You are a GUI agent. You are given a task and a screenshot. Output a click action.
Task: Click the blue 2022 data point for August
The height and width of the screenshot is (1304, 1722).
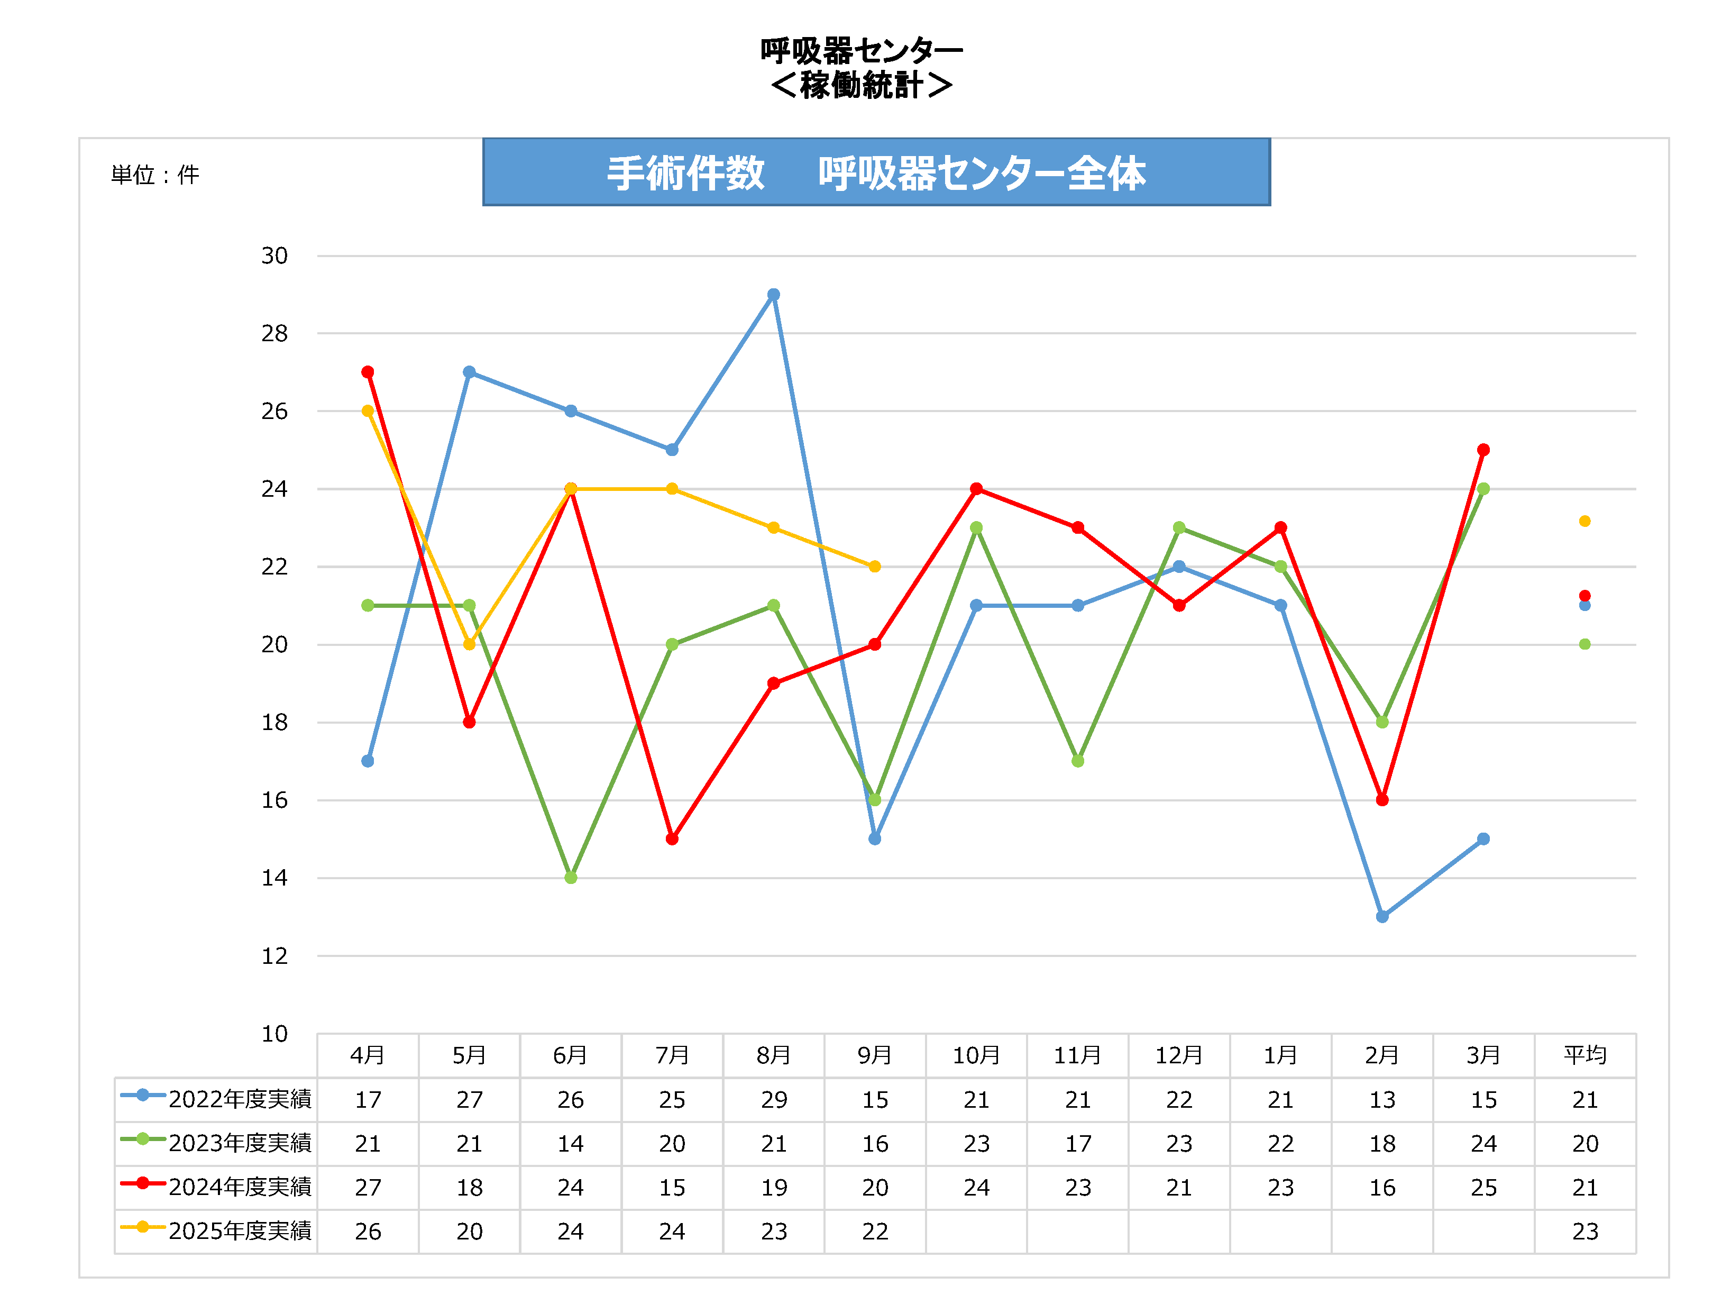coord(773,294)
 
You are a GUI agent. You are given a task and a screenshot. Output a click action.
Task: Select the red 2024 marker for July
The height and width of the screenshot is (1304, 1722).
coord(672,838)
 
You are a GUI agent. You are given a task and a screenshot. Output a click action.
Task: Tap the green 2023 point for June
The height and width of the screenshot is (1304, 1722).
coord(571,878)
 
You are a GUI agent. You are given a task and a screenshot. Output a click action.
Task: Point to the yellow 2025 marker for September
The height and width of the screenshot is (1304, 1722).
coord(875,566)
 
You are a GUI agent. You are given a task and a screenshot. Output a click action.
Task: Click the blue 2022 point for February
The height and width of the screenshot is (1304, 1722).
coord(1382,916)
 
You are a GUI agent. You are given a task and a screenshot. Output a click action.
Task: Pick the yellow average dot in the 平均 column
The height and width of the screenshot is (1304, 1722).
coord(1584,521)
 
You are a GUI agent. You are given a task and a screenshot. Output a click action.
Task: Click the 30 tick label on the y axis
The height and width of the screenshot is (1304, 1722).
coord(274,256)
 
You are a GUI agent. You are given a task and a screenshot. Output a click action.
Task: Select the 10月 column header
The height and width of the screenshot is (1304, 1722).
coord(976,1055)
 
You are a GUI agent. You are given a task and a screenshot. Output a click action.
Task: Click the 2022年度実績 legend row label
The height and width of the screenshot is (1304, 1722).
coord(240,1099)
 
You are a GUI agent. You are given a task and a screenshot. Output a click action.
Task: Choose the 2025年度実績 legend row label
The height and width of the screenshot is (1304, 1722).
coord(240,1231)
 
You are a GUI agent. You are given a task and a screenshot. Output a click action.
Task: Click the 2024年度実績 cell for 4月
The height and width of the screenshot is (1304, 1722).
coord(368,1187)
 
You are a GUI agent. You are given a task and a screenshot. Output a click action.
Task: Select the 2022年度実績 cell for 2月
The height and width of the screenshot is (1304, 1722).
coord(1382,1099)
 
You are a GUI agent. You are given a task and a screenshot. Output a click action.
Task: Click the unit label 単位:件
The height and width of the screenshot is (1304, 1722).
coord(155,175)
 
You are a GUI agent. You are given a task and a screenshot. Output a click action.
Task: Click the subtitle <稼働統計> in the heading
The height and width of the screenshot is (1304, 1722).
coord(861,85)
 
